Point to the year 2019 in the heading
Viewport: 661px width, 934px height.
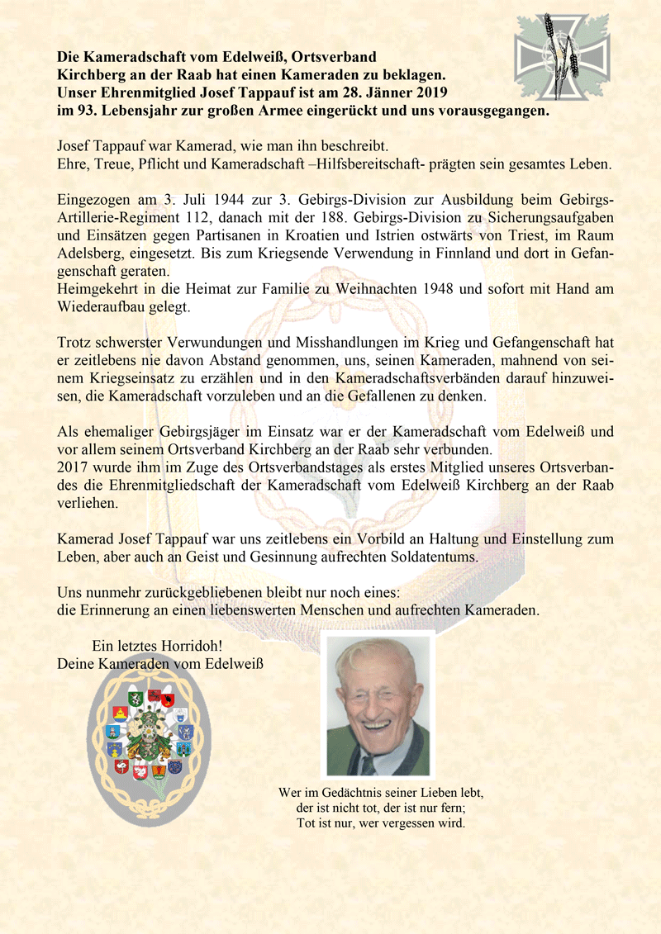pos(425,90)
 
